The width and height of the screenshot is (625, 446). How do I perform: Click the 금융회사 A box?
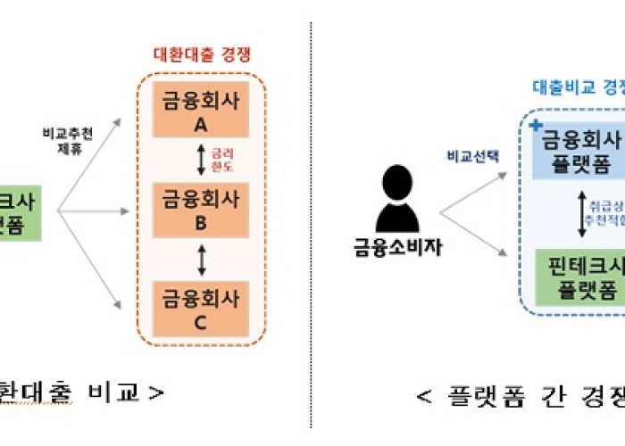(x=201, y=111)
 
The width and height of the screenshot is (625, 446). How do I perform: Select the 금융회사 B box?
(x=201, y=211)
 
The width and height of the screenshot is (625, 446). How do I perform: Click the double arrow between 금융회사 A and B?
(x=202, y=161)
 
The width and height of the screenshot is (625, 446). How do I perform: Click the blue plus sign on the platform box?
(x=535, y=126)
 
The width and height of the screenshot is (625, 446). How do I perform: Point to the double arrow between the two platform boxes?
(x=582, y=213)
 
